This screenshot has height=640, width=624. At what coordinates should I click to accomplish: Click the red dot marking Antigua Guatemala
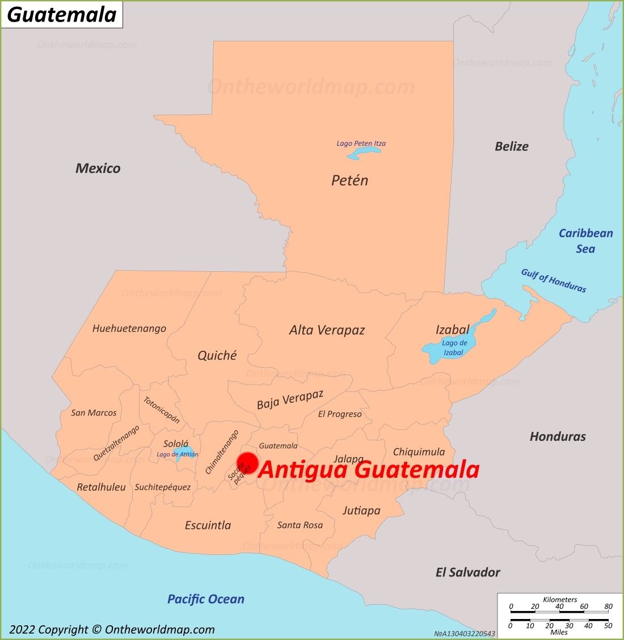(x=247, y=464)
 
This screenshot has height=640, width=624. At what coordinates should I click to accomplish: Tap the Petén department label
(x=349, y=180)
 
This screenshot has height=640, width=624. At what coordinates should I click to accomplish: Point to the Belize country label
(x=512, y=146)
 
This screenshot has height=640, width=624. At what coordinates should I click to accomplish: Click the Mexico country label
(x=98, y=168)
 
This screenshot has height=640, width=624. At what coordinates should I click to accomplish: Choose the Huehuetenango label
(x=129, y=329)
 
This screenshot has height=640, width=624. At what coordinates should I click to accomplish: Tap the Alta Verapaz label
(x=327, y=330)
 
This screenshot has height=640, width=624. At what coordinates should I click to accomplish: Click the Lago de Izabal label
(x=454, y=348)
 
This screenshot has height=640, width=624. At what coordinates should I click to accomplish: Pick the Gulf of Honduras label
(x=554, y=280)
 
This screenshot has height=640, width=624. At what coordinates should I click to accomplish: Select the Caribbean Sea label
(x=586, y=241)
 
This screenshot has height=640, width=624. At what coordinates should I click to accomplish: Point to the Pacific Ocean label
(x=206, y=599)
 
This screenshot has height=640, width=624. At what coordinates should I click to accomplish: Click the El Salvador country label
(x=468, y=572)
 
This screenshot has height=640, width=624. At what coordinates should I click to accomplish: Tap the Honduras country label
(x=558, y=436)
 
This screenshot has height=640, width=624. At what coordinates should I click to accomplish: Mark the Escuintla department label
(x=208, y=525)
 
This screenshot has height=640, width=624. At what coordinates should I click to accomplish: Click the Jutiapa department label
(x=361, y=511)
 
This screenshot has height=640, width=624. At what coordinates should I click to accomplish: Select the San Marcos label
(x=94, y=412)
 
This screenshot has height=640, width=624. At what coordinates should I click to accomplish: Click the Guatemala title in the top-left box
(x=62, y=15)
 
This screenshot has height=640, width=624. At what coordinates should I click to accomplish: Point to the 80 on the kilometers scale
(x=608, y=607)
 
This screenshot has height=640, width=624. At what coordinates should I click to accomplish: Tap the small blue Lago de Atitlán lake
(x=184, y=452)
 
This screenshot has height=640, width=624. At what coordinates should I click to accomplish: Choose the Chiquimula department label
(x=419, y=452)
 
